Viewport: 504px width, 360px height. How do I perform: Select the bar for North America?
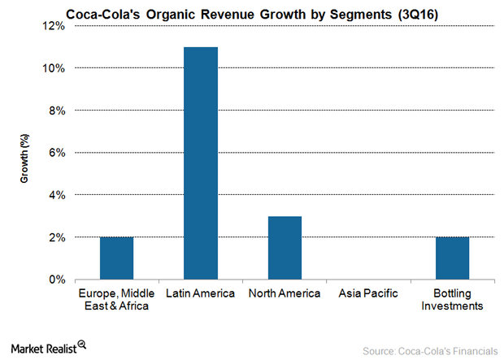pyautogui.click(x=285, y=248)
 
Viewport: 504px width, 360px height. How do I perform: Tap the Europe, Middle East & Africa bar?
pyautogui.click(x=116, y=258)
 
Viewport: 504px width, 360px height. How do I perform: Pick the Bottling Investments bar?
pyautogui.click(x=452, y=258)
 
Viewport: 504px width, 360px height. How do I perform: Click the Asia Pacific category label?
pyautogui.click(x=368, y=293)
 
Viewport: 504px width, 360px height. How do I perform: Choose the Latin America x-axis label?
pyautogui.click(x=201, y=293)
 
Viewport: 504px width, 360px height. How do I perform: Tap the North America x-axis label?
pyautogui.click(x=285, y=293)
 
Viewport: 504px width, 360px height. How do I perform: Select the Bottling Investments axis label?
pyautogui.click(x=452, y=299)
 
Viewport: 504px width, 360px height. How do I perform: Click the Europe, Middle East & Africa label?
pyautogui.click(x=116, y=299)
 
